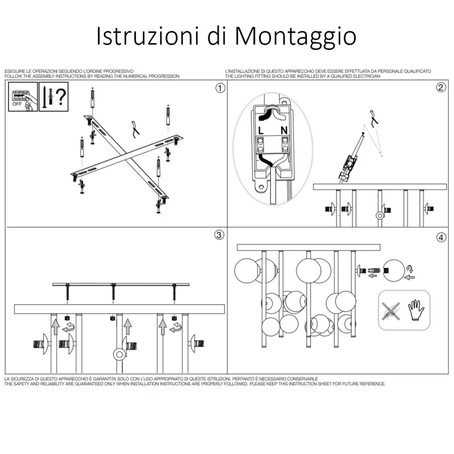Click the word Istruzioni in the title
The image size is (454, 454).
(x=149, y=36)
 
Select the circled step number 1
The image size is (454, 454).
(x=220, y=88)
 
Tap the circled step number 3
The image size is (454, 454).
(x=219, y=235)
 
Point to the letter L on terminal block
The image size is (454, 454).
(x=261, y=131)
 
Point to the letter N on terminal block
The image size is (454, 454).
(x=284, y=131)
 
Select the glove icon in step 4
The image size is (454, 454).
(x=415, y=310)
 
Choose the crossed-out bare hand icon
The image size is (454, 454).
(x=391, y=310)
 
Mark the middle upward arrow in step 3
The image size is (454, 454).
(x=128, y=326)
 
